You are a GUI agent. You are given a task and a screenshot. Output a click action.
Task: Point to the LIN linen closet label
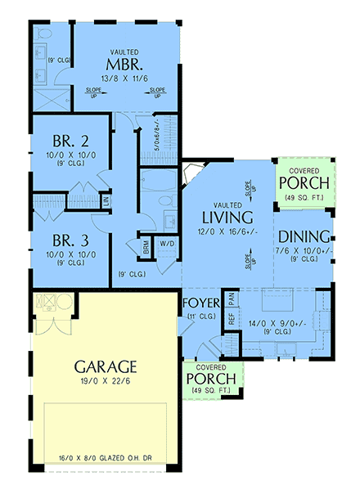[x=106, y=200]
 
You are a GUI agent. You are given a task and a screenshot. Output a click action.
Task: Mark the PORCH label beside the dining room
[x=304, y=181]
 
